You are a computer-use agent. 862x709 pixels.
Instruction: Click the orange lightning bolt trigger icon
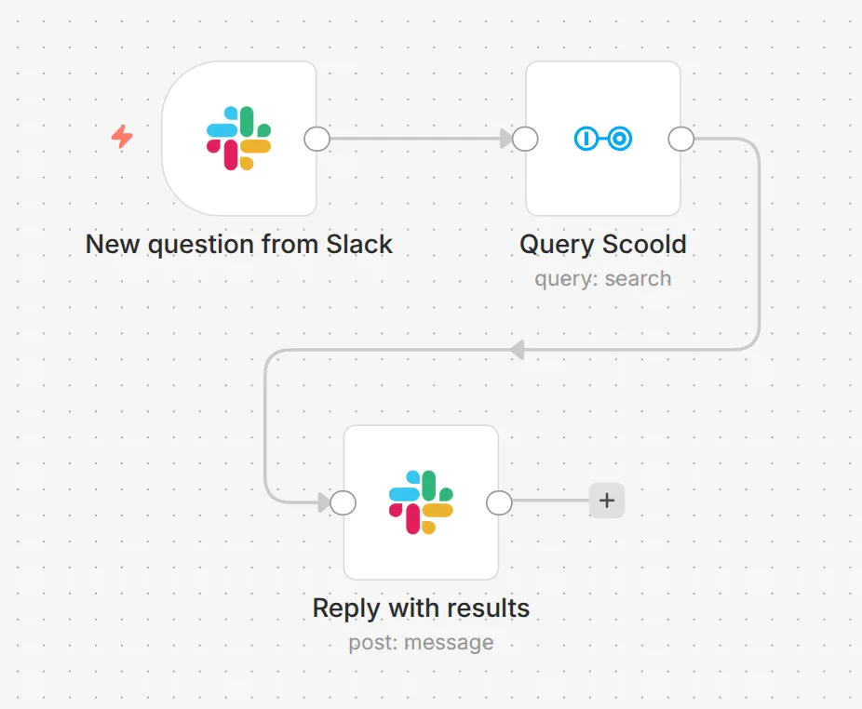[x=122, y=138]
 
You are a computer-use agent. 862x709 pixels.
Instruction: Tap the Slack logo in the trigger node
[x=238, y=139]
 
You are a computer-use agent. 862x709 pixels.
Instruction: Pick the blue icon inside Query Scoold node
[x=602, y=139]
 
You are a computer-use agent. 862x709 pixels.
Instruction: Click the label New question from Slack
[x=239, y=245]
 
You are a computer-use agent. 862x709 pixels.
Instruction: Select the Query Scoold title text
[x=602, y=245]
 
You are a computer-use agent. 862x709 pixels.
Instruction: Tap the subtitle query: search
[x=602, y=278]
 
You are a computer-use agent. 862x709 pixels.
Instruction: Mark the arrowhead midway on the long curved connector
[x=518, y=350]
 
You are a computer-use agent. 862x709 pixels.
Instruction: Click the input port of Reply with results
[x=343, y=502]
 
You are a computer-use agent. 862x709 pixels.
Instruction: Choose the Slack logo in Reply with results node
[x=421, y=502]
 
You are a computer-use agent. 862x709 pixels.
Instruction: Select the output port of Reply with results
[x=500, y=502]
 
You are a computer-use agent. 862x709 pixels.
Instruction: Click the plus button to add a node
[x=607, y=501]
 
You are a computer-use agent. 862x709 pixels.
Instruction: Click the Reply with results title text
[x=421, y=609]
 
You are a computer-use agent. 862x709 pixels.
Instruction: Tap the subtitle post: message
[x=421, y=642]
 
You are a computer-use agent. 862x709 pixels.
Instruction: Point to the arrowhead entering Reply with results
[x=324, y=502]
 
